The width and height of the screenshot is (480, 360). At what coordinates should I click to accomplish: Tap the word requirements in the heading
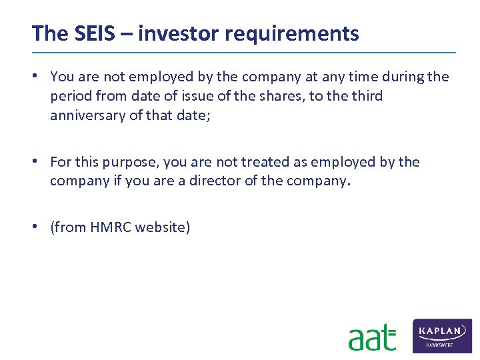(x=289, y=33)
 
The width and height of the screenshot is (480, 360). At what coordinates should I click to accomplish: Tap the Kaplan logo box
(x=442, y=335)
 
